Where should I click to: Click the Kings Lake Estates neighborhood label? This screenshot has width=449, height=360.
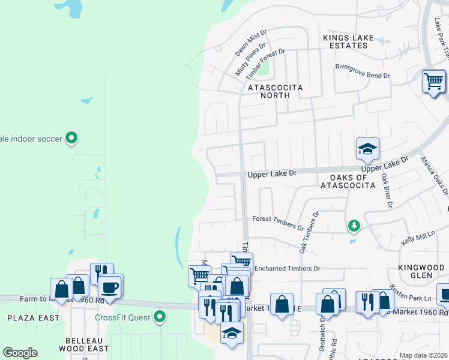[x=348, y=41]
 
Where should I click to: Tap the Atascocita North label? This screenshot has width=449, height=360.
[x=276, y=91]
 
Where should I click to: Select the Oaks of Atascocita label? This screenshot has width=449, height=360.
[x=352, y=181]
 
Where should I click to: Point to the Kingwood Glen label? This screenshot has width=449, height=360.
[x=415, y=271]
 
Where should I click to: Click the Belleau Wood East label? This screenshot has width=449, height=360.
[x=87, y=344]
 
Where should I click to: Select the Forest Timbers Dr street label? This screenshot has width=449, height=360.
[x=278, y=223]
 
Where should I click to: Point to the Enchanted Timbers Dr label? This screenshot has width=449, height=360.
[x=288, y=268]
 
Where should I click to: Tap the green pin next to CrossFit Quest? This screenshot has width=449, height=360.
[x=159, y=316]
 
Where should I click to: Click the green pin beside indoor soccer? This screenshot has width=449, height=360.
[x=71, y=139]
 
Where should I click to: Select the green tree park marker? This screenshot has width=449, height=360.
[x=354, y=226]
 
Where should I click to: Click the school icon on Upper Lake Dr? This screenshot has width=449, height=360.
[x=367, y=149]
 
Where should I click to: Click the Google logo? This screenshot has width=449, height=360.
[x=20, y=353]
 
